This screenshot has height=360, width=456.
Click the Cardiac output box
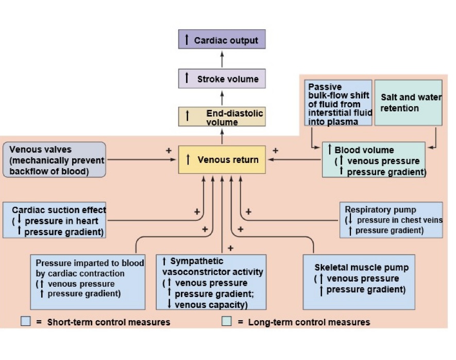[x=222, y=40]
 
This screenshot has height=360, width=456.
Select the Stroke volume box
[x=222, y=79]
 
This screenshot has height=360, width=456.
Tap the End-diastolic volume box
[x=222, y=117]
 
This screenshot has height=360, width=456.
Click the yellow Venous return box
[x=222, y=159]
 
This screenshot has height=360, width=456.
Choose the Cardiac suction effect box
[x=56, y=220]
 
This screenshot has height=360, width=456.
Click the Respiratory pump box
[x=391, y=220]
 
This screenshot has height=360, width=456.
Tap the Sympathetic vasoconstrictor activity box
[x=211, y=282]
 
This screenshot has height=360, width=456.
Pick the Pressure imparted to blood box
[x=87, y=282]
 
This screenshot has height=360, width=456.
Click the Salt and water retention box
[x=407, y=102]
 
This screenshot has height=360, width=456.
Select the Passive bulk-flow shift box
[x=338, y=102]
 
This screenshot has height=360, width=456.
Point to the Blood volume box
[x=374, y=160]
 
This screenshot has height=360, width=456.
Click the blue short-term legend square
[x=26, y=322]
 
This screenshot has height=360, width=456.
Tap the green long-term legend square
[x=226, y=322]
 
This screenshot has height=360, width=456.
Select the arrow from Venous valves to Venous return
[x=142, y=160]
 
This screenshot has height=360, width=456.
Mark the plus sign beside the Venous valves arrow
[x=168, y=151]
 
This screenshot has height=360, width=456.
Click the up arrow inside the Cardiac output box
[x=187, y=40]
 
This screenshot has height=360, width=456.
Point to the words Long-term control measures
[x=309, y=322]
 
